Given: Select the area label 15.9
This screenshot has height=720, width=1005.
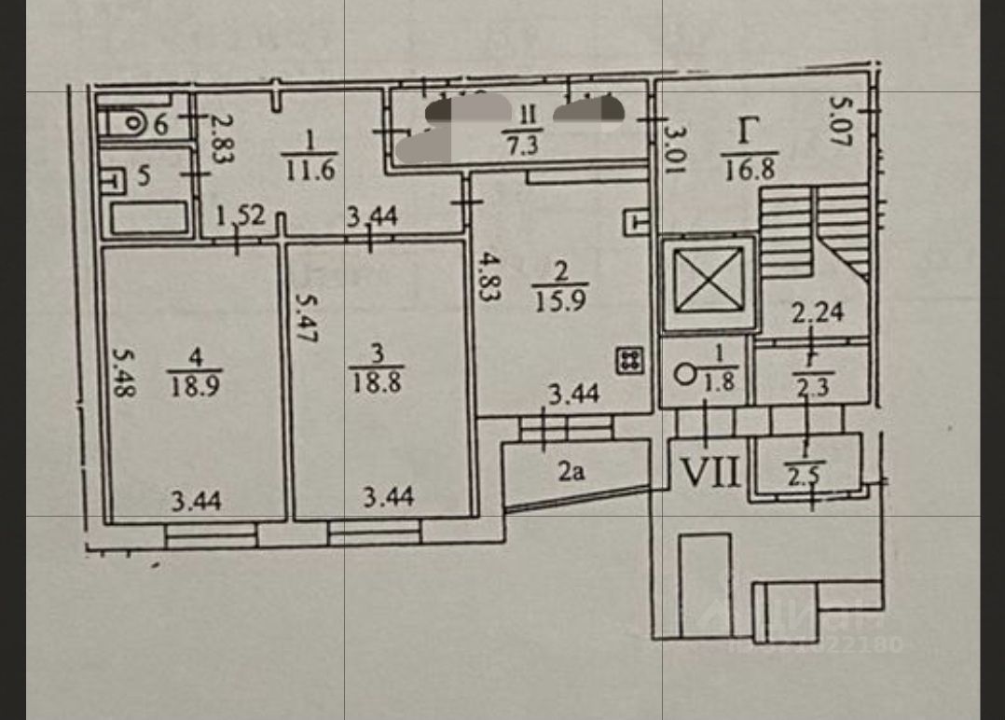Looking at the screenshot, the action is pos(560,302).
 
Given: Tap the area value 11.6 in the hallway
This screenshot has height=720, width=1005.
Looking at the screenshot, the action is pos(310,171).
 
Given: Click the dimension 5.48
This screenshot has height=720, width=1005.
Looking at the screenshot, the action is pos(122,373).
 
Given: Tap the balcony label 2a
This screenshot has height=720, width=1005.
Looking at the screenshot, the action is pos(571,473).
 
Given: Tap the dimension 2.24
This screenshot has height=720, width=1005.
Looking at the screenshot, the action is pos(818,312).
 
